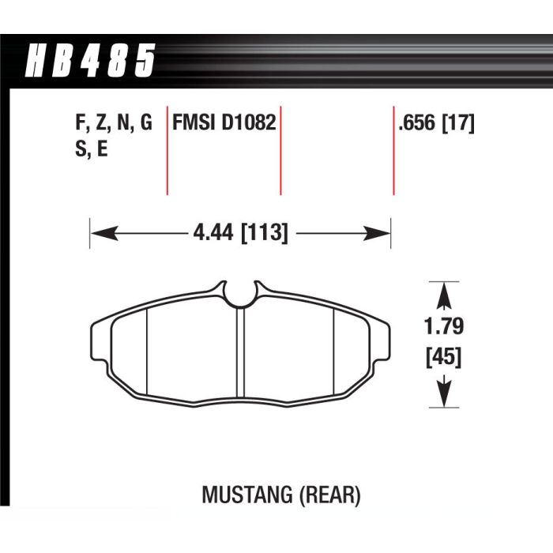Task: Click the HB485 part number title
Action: (x=90, y=60)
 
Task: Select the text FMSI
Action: (x=194, y=122)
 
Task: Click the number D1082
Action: (x=249, y=122)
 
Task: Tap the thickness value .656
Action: (x=417, y=123)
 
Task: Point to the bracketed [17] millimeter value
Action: (x=458, y=123)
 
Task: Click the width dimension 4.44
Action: (x=213, y=232)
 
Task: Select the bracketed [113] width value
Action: (x=264, y=233)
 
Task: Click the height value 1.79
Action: (x=444, y=326)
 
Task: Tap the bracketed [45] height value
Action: (x=444, y=357)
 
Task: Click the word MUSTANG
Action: (x=247, y=495)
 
